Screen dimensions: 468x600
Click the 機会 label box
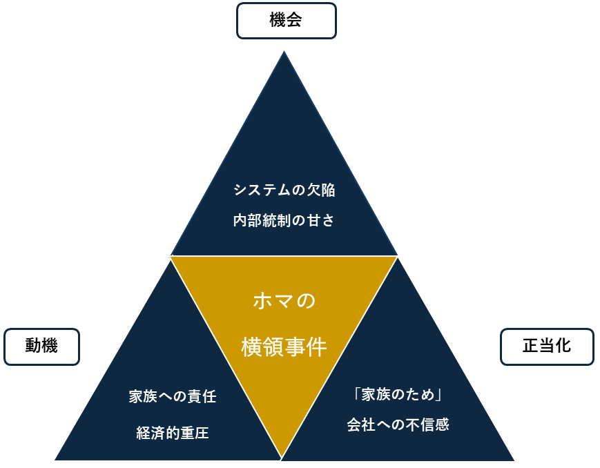(x=286, y=21)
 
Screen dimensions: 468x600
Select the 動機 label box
(x=41, y=347)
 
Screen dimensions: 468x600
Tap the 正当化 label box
(x=546, y=346)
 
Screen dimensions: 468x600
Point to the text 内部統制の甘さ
(x=284, y=221)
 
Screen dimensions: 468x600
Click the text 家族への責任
(x=173, y=397)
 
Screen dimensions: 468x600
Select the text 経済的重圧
(x=173, y=433)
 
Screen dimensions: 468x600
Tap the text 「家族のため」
(x=398, y=394)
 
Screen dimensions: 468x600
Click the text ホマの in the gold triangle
(x=284, y=301)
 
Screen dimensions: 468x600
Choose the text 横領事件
(x=284, y=347)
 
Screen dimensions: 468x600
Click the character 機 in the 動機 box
(x=50, y=347)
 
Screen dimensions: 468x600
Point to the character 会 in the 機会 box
(x=294, y=21)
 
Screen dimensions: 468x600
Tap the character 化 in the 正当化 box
(x=563, y=346)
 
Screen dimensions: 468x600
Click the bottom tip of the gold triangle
(x=282, y=456)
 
